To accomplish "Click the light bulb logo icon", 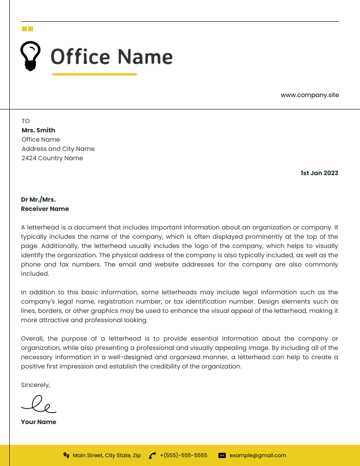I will click(x=30, y=56).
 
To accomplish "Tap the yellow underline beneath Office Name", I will click(x=94, y=75).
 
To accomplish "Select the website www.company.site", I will click(x=310, y=95).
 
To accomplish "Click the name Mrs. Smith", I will click(x=38, y=130).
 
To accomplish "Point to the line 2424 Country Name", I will click(x=52, y=158).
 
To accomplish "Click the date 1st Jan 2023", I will click(x=319, y=173).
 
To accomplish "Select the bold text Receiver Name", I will click(x=45, y=209).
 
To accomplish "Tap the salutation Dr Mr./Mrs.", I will click(x=38, y=199).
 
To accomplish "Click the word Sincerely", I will click(x=35, y=385).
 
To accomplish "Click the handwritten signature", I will click(x=39, y=403).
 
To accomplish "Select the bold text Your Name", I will click(x=38, y=422).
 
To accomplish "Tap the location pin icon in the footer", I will click(x=66, y=455).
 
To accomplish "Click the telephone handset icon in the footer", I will click(x=153, y=455).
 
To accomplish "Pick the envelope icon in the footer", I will click(x=222, y=455).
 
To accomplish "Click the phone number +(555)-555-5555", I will click(x=184, y=455).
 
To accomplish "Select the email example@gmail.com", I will click(x=258, y=455).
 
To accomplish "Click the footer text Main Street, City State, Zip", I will click(x=107, y=455).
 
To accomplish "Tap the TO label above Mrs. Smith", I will click(x=26, y=121).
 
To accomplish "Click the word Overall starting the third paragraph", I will click(x=32, y=338).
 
